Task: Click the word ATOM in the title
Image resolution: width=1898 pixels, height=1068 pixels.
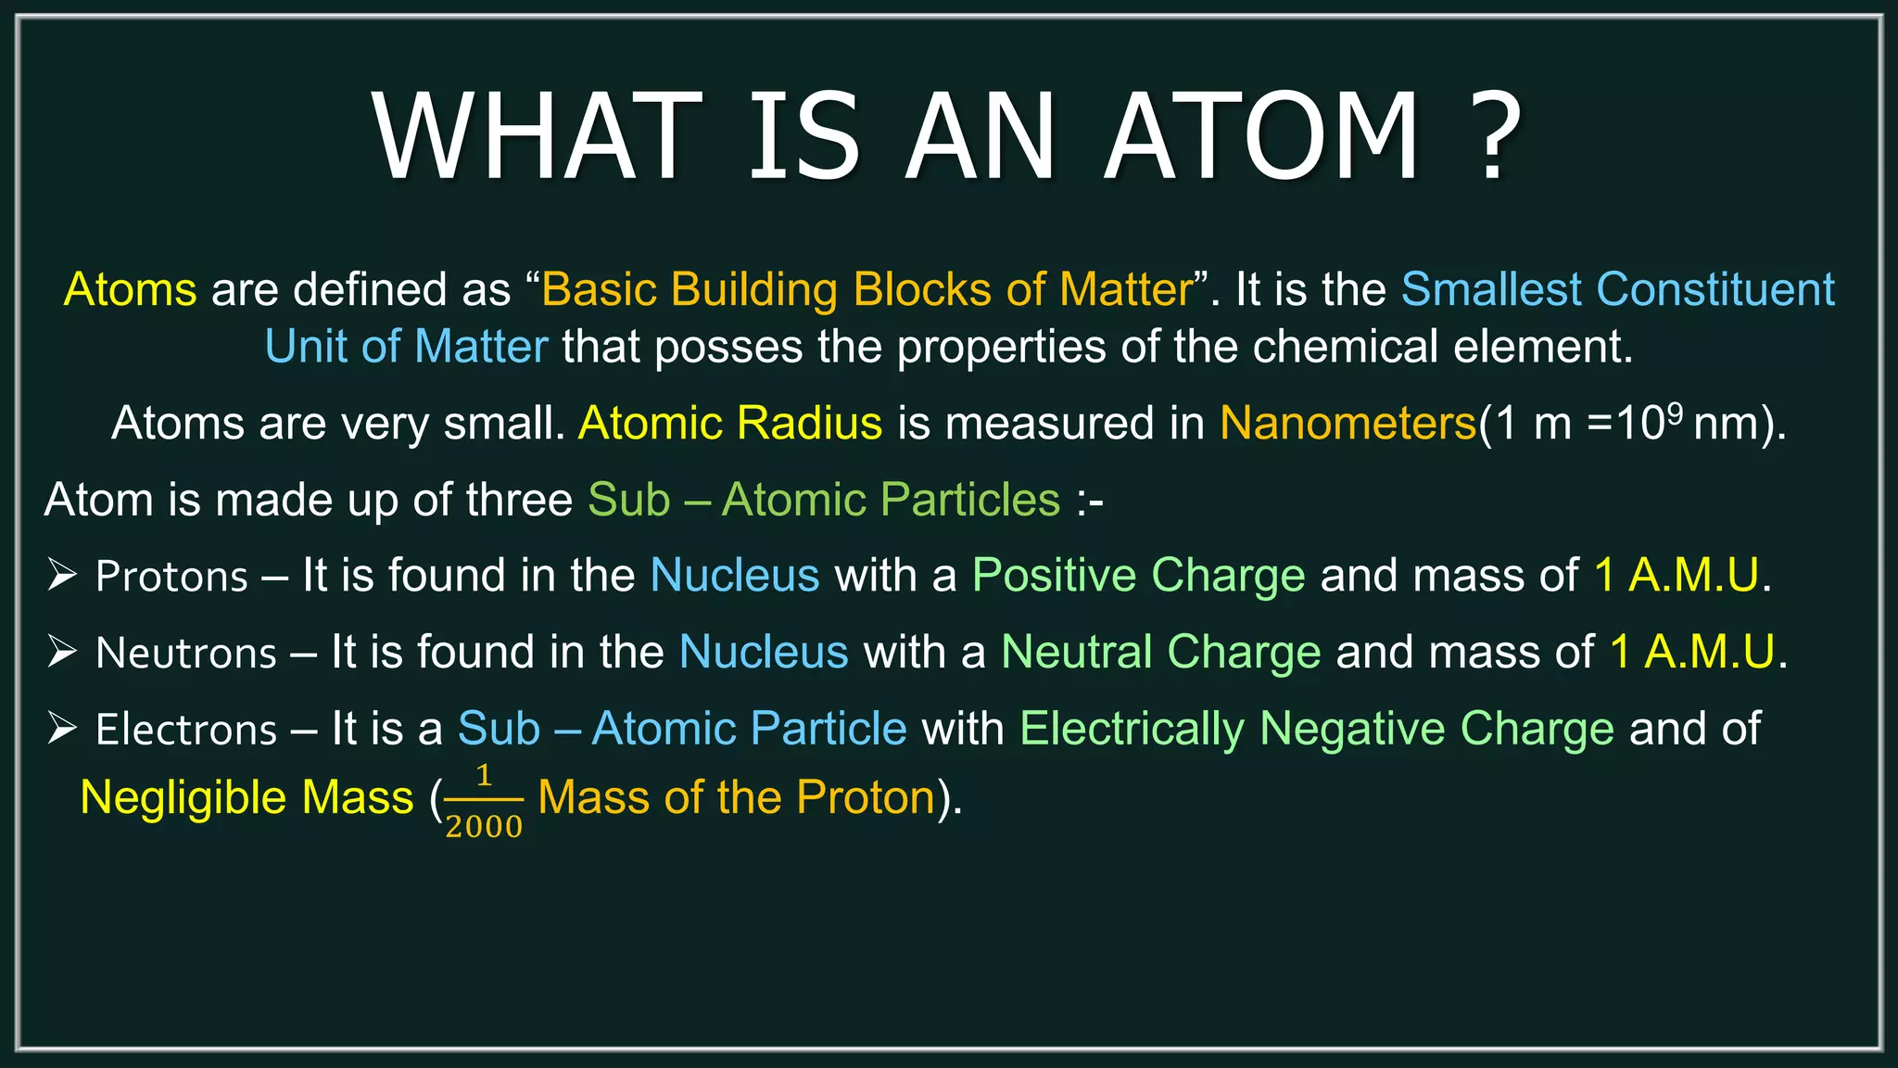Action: pos(1262,136)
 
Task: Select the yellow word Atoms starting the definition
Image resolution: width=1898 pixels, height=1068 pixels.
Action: pos(131,289)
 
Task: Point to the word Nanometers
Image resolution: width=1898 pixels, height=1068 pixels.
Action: pos(1348,424)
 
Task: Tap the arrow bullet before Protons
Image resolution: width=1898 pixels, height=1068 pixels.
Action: pos(62,575)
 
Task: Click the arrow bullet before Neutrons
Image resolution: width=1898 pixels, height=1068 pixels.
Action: pos(62,652)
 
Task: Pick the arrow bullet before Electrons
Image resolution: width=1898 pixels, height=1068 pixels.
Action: pos(62,728)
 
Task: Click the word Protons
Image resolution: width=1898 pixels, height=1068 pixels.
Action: pos(172,577)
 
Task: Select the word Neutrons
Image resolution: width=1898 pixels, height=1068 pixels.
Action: pos(186,654)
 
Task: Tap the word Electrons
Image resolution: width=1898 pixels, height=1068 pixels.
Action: pos(186,730)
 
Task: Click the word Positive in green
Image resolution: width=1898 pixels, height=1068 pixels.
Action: pos(1054,576)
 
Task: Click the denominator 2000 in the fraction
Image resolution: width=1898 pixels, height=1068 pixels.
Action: pos(484,826)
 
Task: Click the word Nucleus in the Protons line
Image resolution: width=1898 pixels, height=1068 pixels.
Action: pos(735,576)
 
